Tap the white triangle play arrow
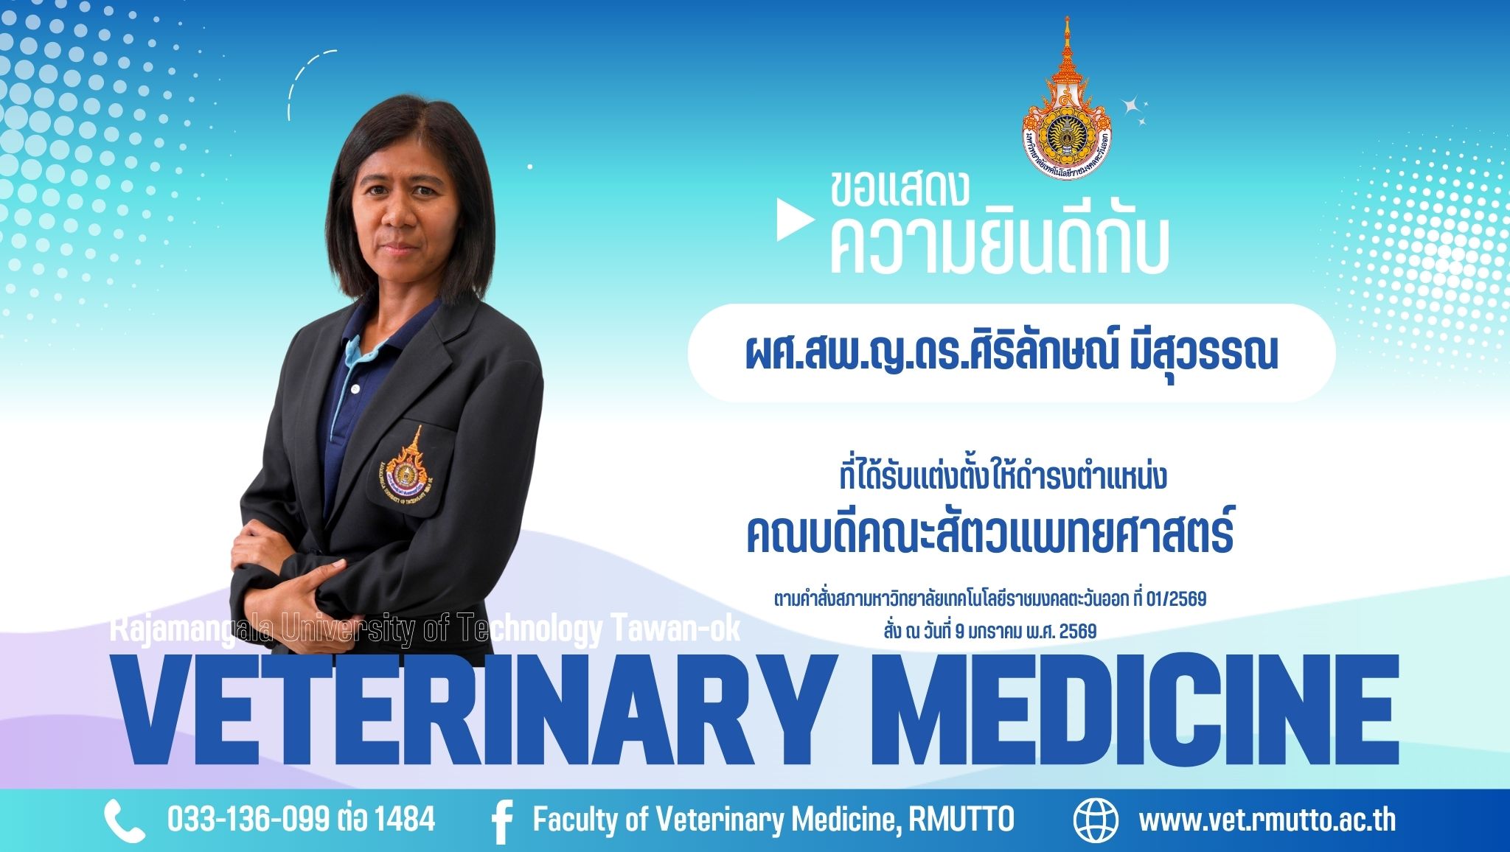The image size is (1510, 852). (x=793, y=220)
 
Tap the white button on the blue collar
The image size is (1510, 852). (x=355, y=388)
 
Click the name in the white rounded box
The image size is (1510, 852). (x=1011, y=354)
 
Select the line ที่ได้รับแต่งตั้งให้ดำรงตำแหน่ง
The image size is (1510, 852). (x=1003, y=476)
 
